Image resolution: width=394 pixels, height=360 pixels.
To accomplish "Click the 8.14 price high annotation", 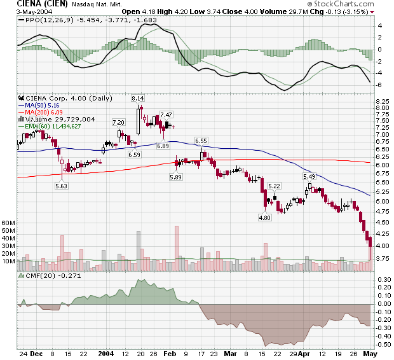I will tap(137, 99).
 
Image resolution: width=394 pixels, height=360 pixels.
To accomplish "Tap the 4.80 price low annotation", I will tap(264, 218).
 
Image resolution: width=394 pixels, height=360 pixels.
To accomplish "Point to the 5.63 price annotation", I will tap(61, 186).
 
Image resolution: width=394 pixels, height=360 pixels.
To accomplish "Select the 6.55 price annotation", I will tap(201, 141).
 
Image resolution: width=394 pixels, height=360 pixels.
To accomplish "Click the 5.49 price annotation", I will tap(309, 176).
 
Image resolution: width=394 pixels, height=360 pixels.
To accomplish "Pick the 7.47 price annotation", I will tap(166, 114).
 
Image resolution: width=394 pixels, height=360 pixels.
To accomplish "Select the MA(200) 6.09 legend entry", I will tap(45, 112).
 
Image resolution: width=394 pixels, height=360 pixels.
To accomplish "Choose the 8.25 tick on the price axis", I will tap(383, 102).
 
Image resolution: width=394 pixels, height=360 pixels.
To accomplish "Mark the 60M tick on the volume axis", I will tap(8, 223).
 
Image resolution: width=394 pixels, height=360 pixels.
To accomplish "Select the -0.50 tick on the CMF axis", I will tap(384, 344).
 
